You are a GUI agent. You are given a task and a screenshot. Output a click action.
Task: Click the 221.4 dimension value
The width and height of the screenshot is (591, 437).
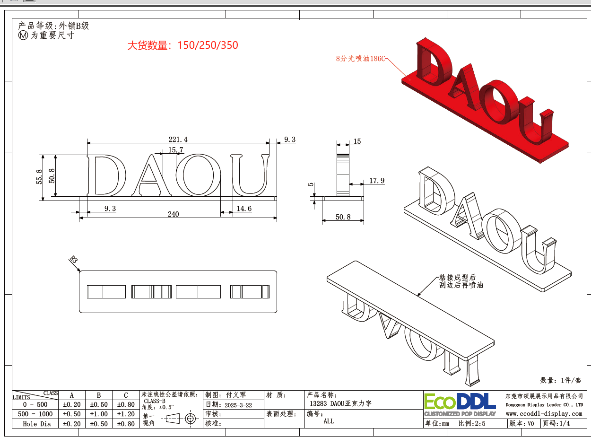[x=178, y=140]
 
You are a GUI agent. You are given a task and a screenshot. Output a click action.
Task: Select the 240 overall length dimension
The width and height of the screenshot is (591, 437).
[x=173, y=214]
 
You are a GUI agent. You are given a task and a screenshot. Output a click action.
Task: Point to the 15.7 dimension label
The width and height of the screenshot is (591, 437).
[x=175, y=150]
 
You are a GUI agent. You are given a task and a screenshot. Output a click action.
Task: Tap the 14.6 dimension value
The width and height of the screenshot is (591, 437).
[x=244, y=209]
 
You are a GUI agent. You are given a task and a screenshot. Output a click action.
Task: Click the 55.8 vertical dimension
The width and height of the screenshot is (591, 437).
[x=39, y=176]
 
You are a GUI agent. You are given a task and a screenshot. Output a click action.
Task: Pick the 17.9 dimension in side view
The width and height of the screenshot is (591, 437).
[x=377, y=181]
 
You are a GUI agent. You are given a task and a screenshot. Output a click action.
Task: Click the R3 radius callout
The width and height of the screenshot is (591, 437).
[x=74, y=259]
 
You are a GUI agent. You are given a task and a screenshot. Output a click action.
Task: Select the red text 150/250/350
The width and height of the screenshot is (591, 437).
[x=208, y=45]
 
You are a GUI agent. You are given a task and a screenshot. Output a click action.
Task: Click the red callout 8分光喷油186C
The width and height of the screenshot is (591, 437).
[x=361, y=58]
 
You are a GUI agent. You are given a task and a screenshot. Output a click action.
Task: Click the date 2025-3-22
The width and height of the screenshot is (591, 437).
[x=238, y=405]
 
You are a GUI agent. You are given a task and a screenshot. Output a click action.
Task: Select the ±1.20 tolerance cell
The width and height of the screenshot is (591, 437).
[x=126, y=414]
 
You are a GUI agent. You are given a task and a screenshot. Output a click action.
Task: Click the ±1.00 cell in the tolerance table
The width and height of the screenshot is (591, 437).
[x=99, y=414]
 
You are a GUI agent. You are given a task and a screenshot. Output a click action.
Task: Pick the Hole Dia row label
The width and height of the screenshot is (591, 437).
[x=37, y=424]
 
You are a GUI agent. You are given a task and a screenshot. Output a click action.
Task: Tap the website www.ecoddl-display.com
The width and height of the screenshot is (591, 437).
[x=544, y=414]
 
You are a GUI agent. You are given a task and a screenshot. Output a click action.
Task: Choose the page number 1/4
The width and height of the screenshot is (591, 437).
[x=565, y=423]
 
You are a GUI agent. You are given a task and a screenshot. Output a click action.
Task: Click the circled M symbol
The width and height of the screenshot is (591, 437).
[x=23, y=35]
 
